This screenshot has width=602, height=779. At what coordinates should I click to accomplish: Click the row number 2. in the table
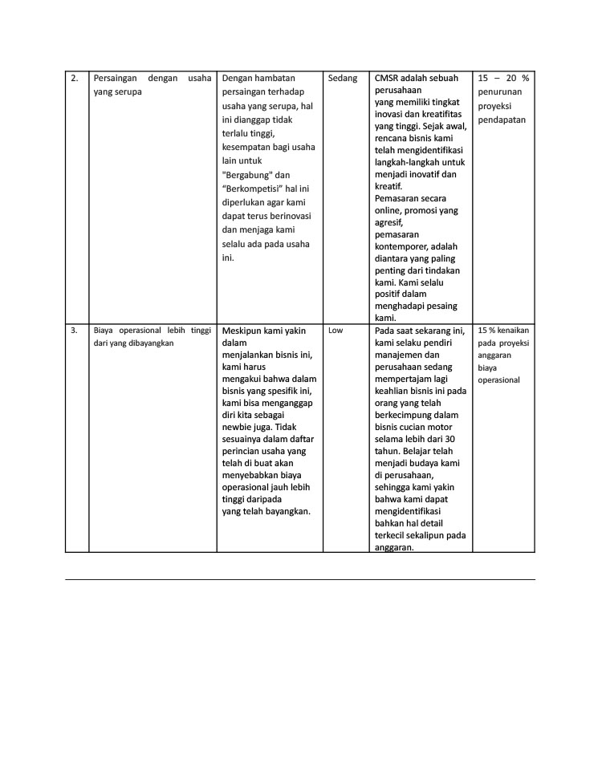click(75, 79)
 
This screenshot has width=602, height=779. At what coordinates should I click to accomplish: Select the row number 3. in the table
click(74, 330)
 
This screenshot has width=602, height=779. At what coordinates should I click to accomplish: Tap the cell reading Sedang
click(343, 79)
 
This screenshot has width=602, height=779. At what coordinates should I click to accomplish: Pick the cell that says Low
click(336, 330)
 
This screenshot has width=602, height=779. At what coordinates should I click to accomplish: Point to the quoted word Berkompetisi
click(257, 189)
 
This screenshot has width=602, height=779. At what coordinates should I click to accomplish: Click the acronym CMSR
click(387, 79)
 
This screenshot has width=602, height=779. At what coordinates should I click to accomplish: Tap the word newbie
click(238, 428)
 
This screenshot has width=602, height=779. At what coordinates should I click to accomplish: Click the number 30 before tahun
click(449, 439)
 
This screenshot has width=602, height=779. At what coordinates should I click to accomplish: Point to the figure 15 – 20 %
click(503, 79)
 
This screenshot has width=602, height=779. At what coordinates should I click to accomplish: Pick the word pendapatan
click(502, 120)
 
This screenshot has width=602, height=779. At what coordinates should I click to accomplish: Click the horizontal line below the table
click(299, 579)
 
